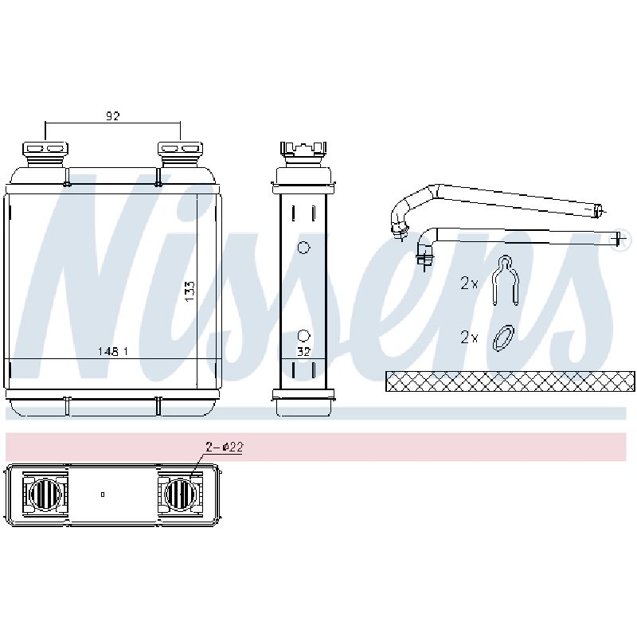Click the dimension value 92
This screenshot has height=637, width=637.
click(x=113, y=116)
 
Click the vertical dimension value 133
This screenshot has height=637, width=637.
click(x=190, y=291)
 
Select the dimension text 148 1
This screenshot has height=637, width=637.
click(x=113, y=351)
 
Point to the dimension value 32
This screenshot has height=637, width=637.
click(x=303, y=351)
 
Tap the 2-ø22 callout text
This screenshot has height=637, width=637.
click(x=224, y=447)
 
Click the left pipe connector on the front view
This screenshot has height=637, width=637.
click(x=45, y=154)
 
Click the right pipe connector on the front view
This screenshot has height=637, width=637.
click(x=180, y=154)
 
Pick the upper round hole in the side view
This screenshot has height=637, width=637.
click(x=303, y=247)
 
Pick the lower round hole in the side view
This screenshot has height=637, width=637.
click(x=303, y=336)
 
